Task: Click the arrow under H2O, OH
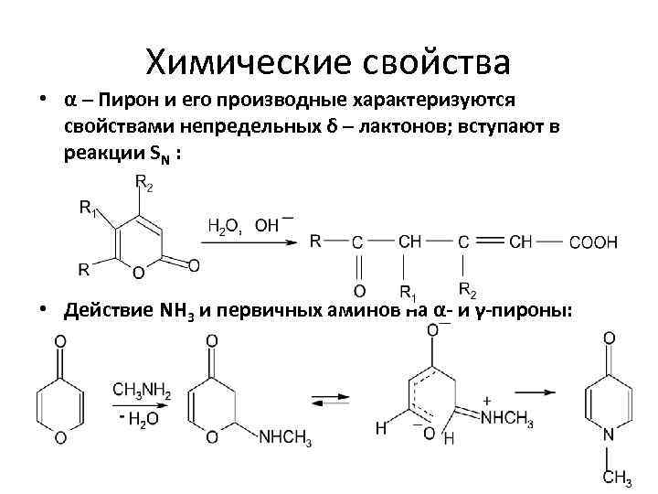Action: [x=249, y=242]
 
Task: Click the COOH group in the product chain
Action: [x=593, y=242]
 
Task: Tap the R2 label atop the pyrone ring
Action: [x=143, y=183]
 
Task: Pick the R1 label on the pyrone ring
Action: [x=89, y=209]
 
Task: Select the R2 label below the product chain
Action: [x=466, y=292]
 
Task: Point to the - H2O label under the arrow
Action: [x=137, y=418]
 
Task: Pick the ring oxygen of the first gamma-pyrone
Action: [x=60, y=438]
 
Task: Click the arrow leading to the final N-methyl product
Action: [x=537, y=392]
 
